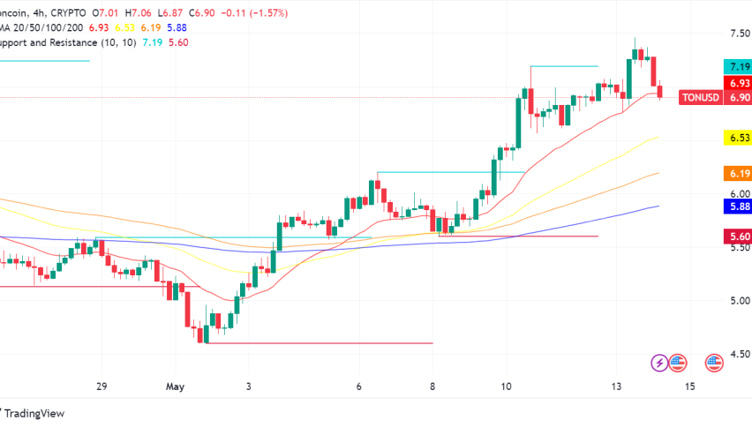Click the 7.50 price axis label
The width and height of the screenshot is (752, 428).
739,34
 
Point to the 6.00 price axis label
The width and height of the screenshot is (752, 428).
739,194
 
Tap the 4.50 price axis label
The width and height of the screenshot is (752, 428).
739,354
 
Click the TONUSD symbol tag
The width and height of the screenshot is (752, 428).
702,98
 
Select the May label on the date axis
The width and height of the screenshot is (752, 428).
174,387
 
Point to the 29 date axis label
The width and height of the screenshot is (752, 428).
101,387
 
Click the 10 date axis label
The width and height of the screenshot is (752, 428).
506,387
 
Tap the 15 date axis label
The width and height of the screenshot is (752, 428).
689,387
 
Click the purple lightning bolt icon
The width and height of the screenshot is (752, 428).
659,362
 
